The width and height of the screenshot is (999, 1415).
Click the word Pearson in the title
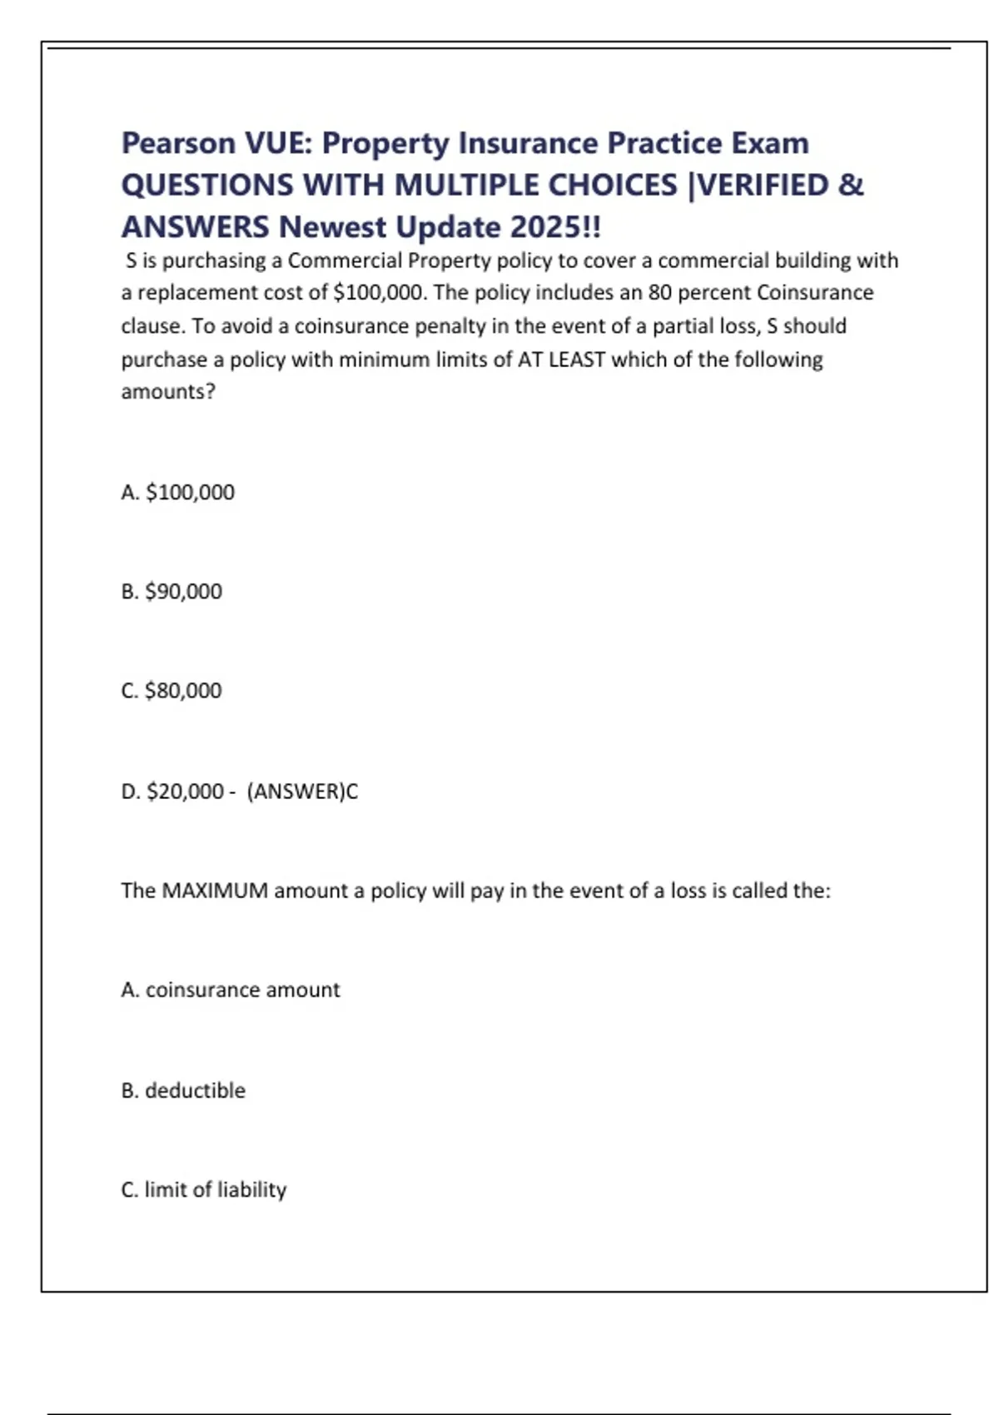[178, 143]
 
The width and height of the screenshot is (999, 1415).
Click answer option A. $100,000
[177, 492]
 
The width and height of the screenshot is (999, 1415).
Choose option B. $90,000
[171, 591]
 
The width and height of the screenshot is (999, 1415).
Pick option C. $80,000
[171, 691]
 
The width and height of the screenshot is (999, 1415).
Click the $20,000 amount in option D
[185, 791]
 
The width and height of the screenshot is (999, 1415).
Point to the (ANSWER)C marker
[302, 791]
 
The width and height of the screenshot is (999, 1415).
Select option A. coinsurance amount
[231, 990]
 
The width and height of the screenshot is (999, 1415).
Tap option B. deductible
[183, 1090]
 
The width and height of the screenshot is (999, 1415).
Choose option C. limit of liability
[204, 1189]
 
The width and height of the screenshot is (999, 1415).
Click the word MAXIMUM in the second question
[215, 891]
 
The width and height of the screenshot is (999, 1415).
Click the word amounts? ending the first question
[168, 391]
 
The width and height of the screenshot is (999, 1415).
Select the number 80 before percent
[659, 293]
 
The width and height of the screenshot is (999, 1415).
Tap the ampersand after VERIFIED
[850, 185]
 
